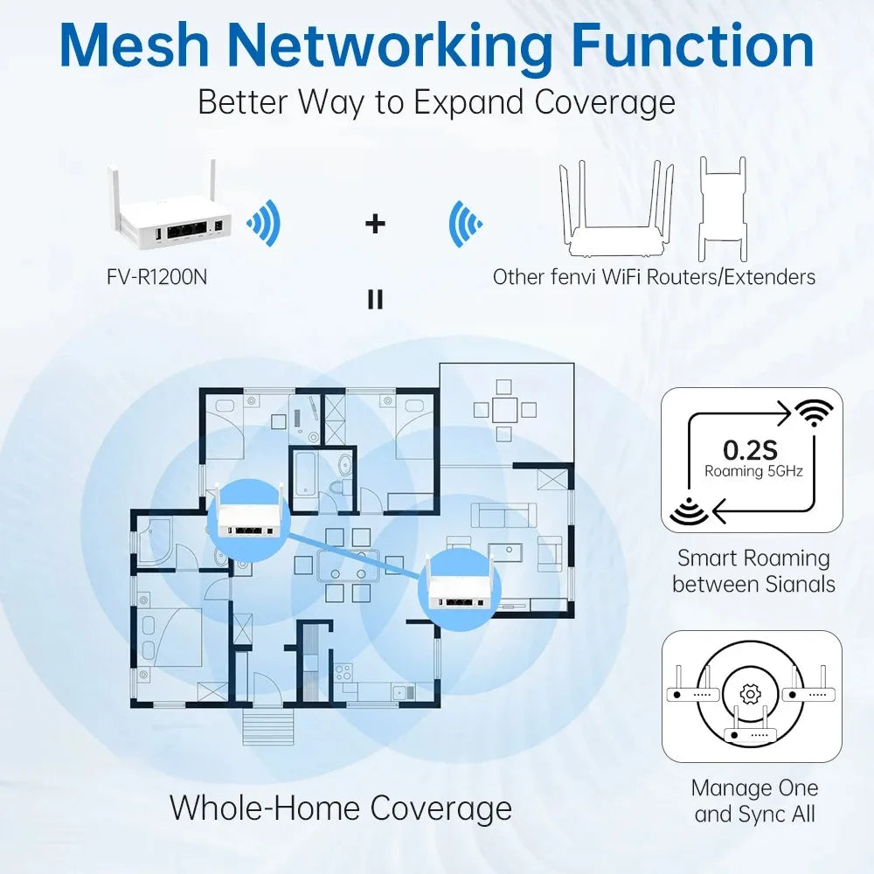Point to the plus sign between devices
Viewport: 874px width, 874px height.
coord(375,224)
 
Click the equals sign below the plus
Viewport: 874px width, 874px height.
coord(375,301)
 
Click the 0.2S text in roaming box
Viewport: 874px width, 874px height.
coord(750,450)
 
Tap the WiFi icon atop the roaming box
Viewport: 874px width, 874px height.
coord(813,413)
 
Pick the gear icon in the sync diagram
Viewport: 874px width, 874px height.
coord(749,694)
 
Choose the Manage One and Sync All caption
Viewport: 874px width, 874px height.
coord(753,801)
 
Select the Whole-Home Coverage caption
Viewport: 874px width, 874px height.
coord(340,807)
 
